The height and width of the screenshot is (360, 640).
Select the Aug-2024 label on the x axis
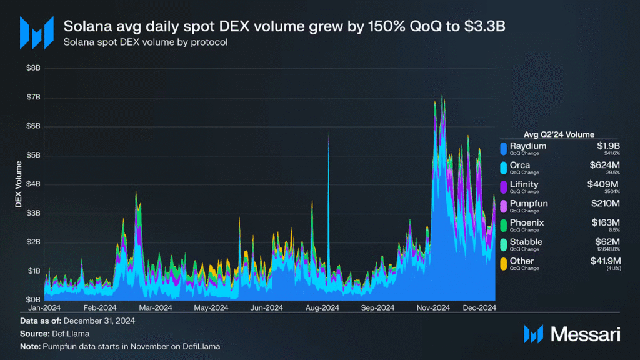(322, 307)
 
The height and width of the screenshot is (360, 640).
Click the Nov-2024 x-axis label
(433, 307)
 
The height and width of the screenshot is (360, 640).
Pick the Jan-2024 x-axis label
(45, 307)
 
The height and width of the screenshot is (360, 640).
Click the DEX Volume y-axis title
(18, 184)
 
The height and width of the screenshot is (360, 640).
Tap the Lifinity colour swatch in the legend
(503, 187)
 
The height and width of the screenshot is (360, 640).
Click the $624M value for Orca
(606, 165)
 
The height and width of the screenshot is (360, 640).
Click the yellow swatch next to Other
(503, 264)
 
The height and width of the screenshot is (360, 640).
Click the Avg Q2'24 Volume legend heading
(558, 134)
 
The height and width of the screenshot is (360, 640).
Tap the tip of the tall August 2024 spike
(329, 134)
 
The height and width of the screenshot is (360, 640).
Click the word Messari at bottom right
(584, 334)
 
